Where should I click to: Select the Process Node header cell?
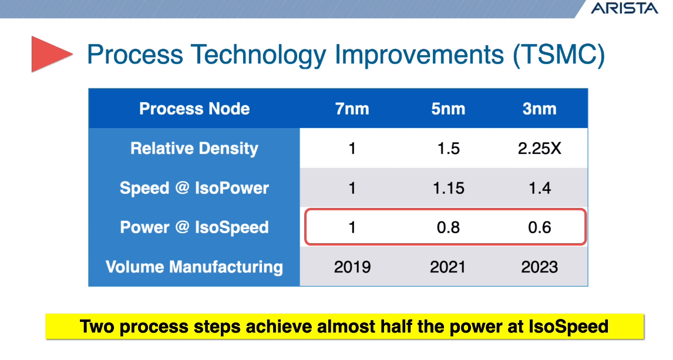(194, 109)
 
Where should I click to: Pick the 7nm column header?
(352, 109)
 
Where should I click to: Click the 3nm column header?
(539, 109)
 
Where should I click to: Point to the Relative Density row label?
(194, 149)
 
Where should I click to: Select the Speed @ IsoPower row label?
(194, 188)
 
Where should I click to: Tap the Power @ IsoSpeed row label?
(194, 227)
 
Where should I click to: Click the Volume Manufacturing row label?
(194, 267)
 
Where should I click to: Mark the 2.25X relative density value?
(539, 149)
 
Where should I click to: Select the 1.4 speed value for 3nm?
(539, 188)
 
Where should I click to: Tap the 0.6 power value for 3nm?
(539, 227)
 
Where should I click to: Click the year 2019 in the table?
(352, 267)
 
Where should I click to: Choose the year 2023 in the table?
(539, 267)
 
